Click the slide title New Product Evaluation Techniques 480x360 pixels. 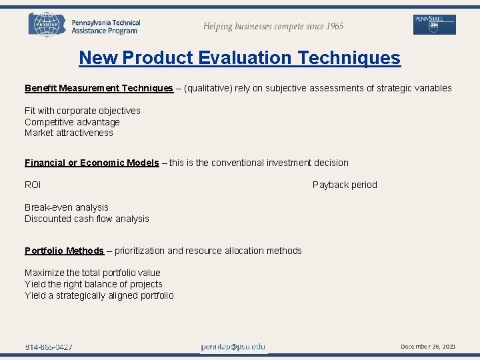tap(239, 58)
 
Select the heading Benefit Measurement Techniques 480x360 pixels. tap(99, 88)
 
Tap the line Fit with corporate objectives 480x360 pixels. tap(83, 111)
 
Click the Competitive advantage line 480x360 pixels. tap(72, 122)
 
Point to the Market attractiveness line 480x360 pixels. tap(69, 133)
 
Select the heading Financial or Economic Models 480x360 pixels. tap(91, 163)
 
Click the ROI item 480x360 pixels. tap(33, 185)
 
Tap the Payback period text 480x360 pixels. tap(345, 185)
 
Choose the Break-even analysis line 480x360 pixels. tap(67, 207)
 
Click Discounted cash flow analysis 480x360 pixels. tap(87, 219)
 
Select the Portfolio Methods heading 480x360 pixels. tap(64, 251)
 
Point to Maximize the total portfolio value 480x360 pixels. tap(93, 273)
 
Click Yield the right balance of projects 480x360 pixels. tap(93, 284)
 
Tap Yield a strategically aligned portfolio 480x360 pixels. tap(99, 295)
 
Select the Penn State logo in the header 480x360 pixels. tap(435, 25)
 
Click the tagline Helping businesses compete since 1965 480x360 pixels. tap(273, 26)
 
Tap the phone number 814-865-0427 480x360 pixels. tap(49, 347)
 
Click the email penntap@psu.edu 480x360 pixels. tap(233, 347)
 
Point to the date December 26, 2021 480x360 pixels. tap(428, 347)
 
